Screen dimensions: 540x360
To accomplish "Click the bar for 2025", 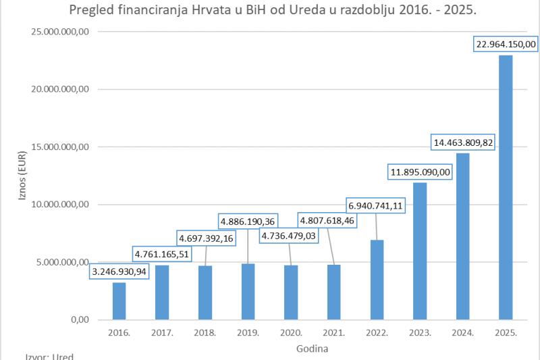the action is tap(506, 187).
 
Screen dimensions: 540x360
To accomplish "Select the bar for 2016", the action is tap(119, 301).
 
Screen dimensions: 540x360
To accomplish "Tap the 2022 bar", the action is tap(377, 280).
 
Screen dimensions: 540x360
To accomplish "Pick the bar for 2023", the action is tap(420, 251).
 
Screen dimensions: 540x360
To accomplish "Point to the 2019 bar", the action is tap(248, 292).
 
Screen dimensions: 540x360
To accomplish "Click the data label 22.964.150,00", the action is tap(506, 44).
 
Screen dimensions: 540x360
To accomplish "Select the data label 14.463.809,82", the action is tap(463, 143).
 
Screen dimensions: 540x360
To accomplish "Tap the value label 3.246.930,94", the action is tap(119, 272).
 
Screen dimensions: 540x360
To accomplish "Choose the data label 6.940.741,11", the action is tap(375, 205).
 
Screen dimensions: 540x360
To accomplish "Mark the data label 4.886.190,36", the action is tap(248, 221).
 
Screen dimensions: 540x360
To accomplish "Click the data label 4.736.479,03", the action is tap(289, 236).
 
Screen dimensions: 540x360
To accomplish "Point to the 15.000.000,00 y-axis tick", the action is tap(60, 147).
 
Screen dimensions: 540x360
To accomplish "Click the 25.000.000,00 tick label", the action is tap(60, 32).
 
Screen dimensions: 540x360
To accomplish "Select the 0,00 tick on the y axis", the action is tap(80, 319).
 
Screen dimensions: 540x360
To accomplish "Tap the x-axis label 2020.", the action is tap(291, 333).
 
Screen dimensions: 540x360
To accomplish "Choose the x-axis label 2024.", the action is tap(463, 333).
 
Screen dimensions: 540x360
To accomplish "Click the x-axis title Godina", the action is tap(312, 349).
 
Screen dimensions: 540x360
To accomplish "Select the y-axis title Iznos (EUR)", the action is tap(22, 176).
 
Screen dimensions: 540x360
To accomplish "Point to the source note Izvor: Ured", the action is tap(49, 356).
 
